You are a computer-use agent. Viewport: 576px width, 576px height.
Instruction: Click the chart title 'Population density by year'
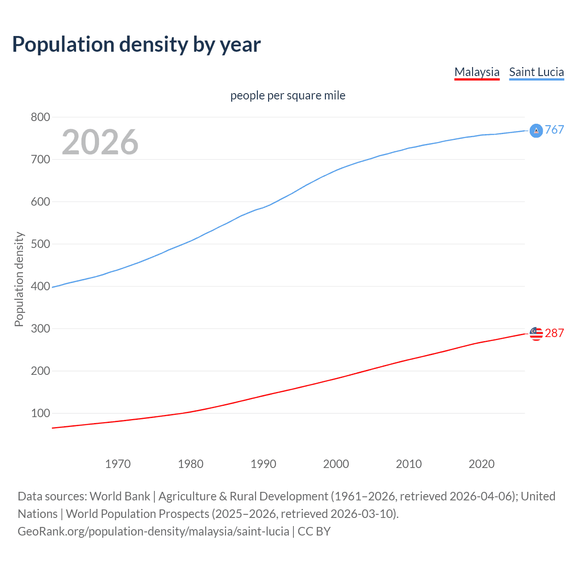point(136,45)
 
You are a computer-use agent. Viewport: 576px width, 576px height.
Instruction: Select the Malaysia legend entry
point(477,72)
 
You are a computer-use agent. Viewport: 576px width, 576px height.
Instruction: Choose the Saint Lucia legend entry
point(536,72)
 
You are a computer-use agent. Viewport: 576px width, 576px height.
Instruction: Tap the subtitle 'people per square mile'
point(288,95)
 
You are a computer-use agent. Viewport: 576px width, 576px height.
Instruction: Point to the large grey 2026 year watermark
point(100,142)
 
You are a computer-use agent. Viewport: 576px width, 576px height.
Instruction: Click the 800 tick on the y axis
point(40,117)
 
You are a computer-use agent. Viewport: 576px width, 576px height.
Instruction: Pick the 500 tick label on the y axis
point(40,244)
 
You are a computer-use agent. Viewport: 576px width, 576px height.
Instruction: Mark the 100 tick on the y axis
point(40,414)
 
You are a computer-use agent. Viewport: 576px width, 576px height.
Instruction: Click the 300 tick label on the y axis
point(40,329)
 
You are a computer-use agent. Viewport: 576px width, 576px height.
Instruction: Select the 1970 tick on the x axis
point(118,464)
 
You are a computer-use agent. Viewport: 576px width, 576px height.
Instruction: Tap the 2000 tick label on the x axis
point(336,464)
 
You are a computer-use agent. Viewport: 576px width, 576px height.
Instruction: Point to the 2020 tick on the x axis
point(481,464)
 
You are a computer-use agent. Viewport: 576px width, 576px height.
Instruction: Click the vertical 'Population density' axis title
point(19,279)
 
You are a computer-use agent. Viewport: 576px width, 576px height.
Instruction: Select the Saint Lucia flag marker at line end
point(536,130)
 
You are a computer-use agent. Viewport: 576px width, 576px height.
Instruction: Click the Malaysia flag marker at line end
point(536,333)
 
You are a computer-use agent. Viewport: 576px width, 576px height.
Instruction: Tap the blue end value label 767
point(554,130)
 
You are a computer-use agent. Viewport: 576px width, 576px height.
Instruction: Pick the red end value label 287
point(554,333)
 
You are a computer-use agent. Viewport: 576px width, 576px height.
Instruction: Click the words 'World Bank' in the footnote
point(120,496)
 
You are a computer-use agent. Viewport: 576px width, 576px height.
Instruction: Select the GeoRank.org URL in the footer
point(153,531)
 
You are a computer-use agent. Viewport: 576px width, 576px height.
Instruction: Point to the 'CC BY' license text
point(314,531)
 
